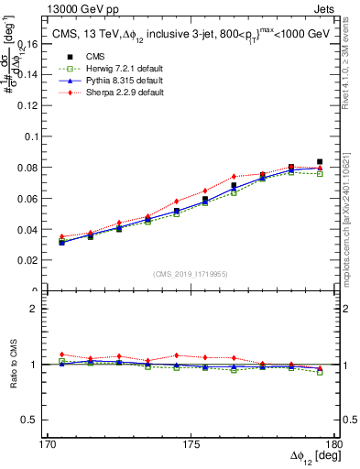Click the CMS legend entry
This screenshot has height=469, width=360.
[95, 55]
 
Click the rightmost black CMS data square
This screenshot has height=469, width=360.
[320, 162]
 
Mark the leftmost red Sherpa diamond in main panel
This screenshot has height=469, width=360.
[61, 236]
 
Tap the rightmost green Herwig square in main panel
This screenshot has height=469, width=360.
[320, 173]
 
